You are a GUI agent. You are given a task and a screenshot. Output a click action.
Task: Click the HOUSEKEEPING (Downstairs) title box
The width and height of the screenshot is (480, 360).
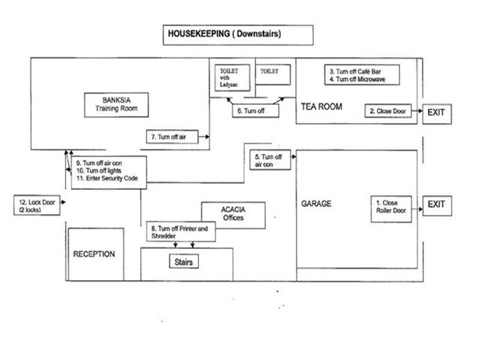(238, 35)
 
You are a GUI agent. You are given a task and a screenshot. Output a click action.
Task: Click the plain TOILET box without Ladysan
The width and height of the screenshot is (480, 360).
(269, 71)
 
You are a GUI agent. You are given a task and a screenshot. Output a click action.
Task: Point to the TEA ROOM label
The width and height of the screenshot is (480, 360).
(322, 107)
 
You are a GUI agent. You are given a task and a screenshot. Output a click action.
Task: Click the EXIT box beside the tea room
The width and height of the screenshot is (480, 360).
(437, 112)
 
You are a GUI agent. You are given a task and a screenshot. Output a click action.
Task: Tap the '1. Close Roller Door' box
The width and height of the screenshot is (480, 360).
(391, 207)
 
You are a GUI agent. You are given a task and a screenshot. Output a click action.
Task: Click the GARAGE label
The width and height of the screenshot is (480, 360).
(316, 204)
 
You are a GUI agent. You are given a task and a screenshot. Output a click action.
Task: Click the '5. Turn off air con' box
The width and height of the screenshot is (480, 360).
(269, 161)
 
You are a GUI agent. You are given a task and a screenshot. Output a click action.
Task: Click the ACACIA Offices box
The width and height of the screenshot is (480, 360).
(233, 214)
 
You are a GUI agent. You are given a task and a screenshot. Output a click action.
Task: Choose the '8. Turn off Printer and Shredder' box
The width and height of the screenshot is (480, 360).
(181, 232)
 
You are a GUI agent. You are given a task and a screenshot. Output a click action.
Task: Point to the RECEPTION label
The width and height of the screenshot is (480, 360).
(94, 254)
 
